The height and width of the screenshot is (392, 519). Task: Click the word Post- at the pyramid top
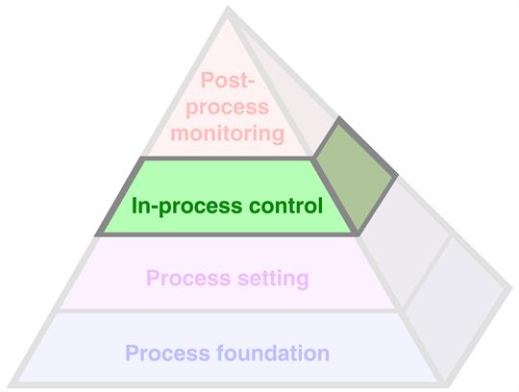point(227,80)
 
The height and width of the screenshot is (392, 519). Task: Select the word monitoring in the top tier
point(228,134)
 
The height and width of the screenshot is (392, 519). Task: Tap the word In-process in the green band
point(187,207)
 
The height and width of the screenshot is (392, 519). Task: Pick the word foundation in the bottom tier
point(273,353)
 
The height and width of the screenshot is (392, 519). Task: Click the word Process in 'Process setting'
point(188,278)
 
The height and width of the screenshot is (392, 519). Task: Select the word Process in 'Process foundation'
point(167,353)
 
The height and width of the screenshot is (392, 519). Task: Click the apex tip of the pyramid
point(228,8)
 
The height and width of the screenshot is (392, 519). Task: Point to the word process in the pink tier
point(227,108)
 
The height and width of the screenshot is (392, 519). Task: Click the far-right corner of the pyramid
point(512,285)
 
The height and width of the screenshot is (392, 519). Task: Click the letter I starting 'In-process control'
point(134,206)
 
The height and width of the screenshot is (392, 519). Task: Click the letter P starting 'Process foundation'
point(132,353)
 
